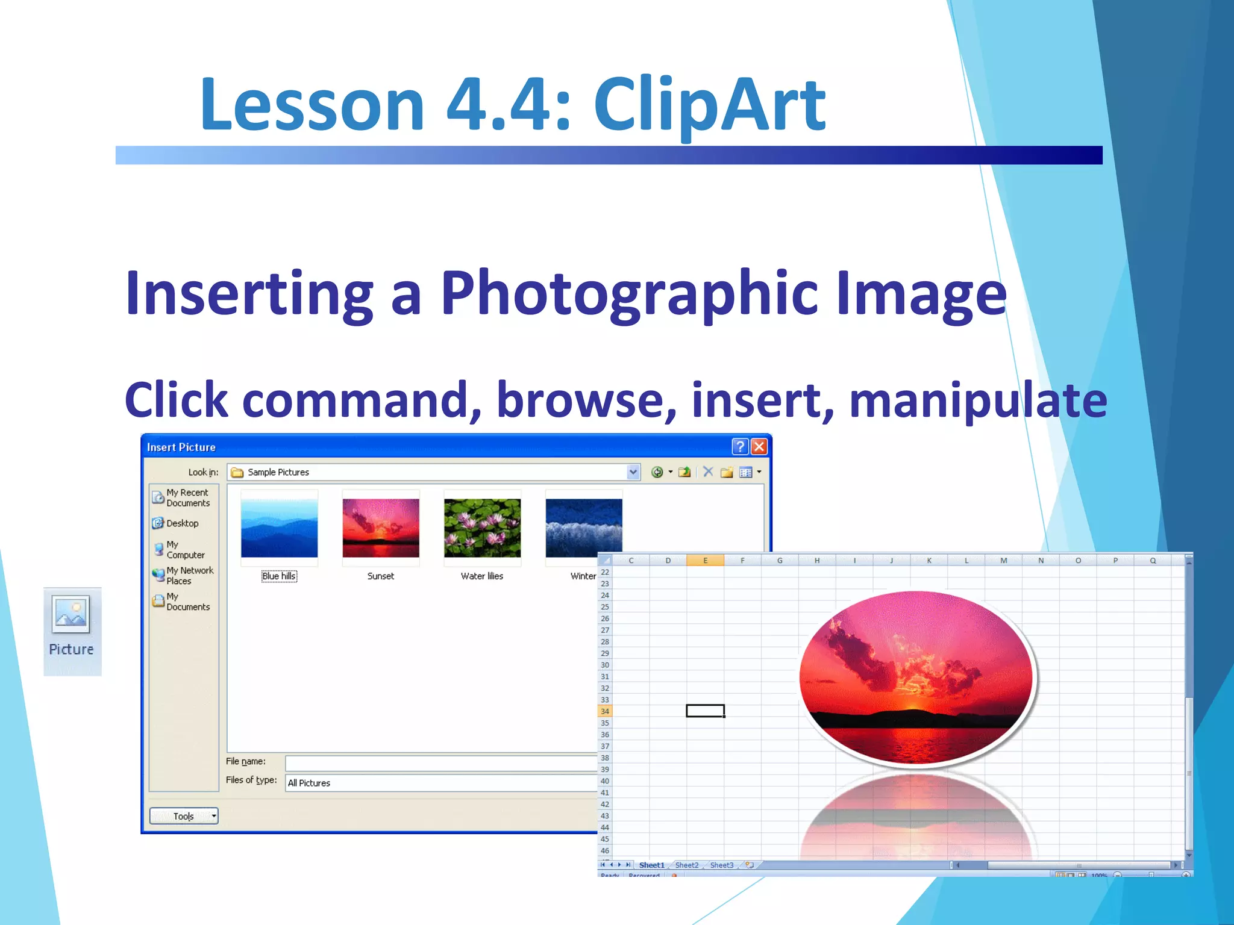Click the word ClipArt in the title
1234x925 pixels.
(709, 105)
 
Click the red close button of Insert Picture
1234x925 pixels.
(759, 447)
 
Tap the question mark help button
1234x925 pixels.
(740, 447)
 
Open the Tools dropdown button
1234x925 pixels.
(184, 816)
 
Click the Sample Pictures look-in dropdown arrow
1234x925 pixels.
(633, 472)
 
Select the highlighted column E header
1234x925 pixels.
(705, 561)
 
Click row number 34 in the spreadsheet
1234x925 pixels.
(605, 711)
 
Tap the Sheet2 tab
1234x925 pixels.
(687, 865)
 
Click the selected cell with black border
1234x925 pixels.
(705, 711)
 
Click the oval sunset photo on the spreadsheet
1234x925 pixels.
(916, 677)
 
